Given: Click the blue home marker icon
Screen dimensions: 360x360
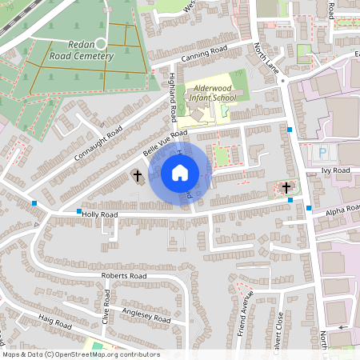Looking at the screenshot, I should [180, 172].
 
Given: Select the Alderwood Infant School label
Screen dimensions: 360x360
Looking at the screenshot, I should [213, 93].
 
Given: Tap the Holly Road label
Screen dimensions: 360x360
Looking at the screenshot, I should [100, 214].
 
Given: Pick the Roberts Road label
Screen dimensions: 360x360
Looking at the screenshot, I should [124, 276].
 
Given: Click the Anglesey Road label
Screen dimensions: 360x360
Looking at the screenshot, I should [146, 315].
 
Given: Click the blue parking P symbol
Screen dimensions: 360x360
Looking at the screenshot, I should [323, 152].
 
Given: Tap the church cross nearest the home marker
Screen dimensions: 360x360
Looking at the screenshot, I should [137, 175].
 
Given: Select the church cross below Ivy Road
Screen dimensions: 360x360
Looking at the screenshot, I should [286, 187].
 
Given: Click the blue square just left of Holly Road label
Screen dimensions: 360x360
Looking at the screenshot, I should [79, 211].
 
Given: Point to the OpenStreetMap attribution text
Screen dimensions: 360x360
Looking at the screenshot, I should [80, 354].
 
